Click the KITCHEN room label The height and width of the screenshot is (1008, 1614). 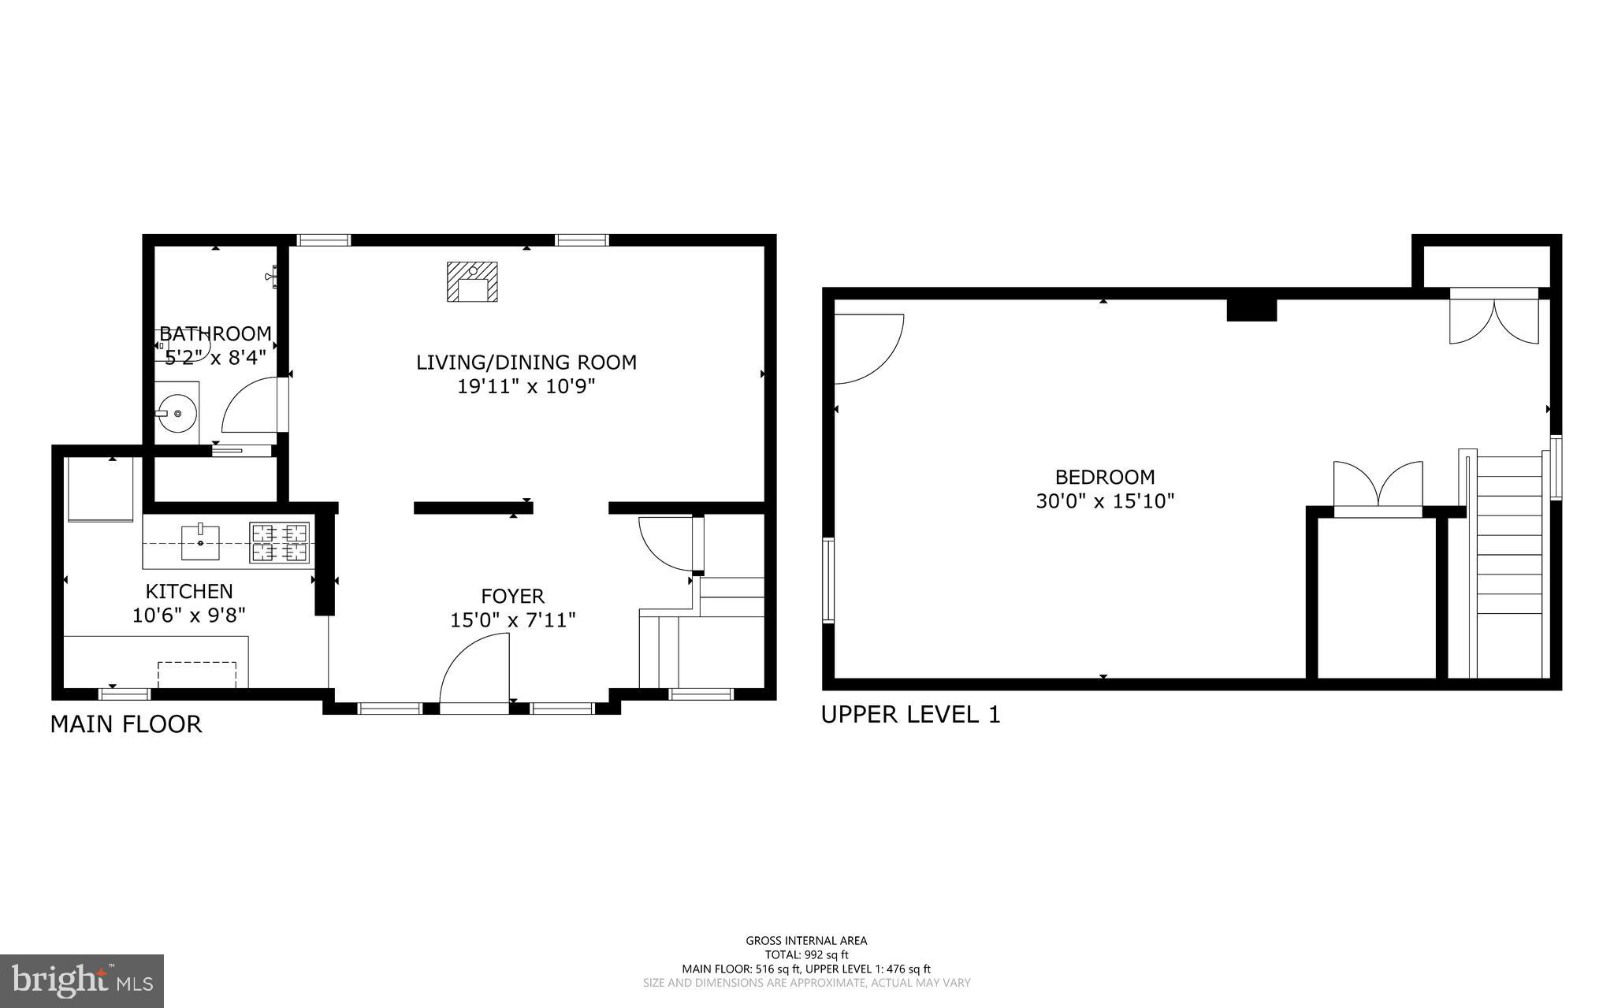coord(189,591)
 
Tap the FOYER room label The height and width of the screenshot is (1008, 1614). coord(513,597)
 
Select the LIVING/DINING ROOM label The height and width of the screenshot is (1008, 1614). coord(526,363)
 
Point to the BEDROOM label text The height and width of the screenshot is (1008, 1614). coord(1105,477)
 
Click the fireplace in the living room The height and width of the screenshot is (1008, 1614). coord(473,282)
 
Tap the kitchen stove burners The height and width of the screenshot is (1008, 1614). coord(279,542)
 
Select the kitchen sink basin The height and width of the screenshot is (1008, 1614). coord(200,541)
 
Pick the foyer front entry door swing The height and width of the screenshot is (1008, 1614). coord(474,670)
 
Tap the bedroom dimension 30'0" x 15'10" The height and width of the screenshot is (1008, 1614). coord(1105,501)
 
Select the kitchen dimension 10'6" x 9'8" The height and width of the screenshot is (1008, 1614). coord(189,615)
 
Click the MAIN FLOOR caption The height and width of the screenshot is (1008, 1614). coord(126,724)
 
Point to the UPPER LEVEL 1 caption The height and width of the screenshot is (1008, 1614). coord(910,715)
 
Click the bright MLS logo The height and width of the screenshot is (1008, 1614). coord(82,981)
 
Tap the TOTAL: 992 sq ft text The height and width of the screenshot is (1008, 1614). coord(806,954)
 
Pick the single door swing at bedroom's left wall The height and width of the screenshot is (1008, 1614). coord(867,349)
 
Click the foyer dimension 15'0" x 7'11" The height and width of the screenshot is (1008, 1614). coord(513,621)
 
